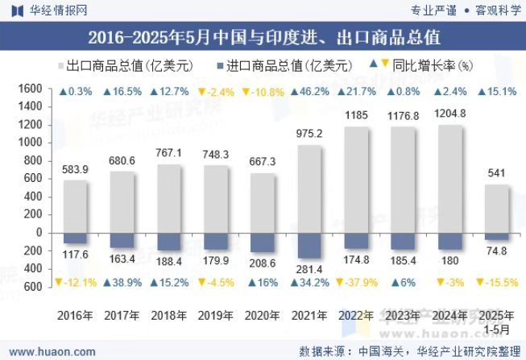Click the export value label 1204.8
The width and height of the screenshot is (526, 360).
[450, 114]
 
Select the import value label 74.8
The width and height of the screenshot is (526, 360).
[497, 250]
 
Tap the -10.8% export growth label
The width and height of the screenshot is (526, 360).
[262, 92]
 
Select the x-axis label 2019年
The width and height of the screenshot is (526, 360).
[215, 315]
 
